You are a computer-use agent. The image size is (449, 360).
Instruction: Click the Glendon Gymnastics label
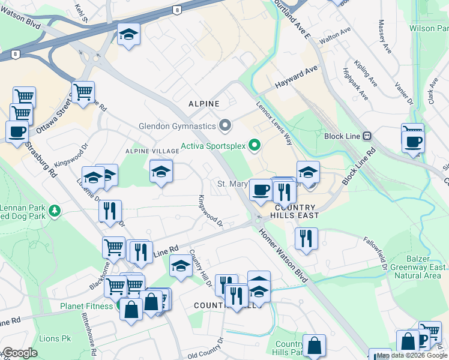[177, 126]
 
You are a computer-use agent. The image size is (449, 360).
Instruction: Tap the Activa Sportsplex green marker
[255, 145]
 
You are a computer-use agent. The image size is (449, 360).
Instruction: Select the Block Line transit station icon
[367, 136]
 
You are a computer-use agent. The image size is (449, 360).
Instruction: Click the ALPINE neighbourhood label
[204, 104]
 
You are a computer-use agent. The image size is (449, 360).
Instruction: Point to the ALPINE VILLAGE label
[148, 152]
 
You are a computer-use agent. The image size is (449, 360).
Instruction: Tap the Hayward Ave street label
[296, 79]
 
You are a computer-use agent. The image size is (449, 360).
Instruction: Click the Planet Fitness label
[86, 306]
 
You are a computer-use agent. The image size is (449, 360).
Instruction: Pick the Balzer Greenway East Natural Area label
[420, 267]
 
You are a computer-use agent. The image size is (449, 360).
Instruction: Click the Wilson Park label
[429, 28]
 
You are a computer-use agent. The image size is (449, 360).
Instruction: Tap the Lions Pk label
[55, 339]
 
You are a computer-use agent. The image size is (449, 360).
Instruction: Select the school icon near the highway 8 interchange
[128, 34]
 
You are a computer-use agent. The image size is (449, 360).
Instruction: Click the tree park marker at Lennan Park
[55, 211]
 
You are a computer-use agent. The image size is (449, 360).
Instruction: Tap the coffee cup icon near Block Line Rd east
[413, 142]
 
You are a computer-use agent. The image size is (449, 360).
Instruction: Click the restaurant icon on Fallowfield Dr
[306, 238]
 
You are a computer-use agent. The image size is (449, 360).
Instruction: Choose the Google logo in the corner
[20, 353]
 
